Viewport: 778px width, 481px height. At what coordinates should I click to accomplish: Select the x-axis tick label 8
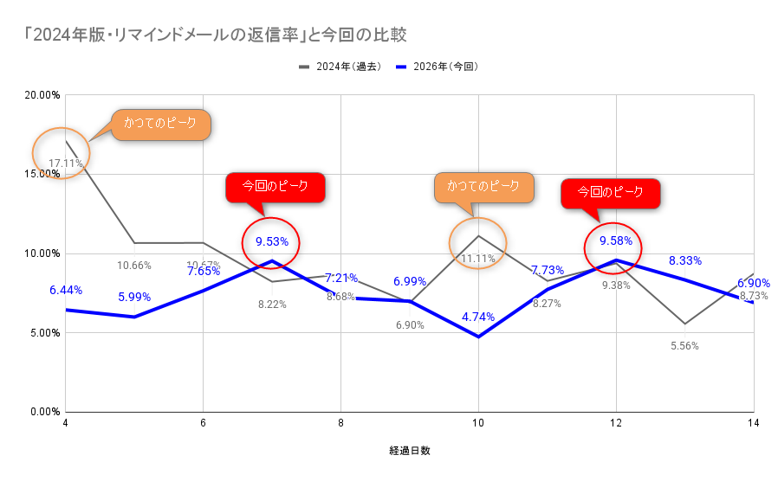[x=340, y=424]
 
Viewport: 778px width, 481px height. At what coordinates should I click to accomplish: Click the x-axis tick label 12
[x=616, y=424]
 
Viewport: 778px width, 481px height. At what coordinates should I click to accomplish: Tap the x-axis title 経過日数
[x=410, y=451]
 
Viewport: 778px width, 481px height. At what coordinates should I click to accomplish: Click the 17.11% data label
[x=66, y=163]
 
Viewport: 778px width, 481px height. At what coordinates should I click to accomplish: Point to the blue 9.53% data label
[x=272, y=241]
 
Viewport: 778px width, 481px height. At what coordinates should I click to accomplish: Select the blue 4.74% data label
[x=478, y=317]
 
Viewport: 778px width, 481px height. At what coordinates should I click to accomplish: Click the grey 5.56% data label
[x=684, y=346]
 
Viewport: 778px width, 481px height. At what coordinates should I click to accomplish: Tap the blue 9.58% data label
[x=616, y=240]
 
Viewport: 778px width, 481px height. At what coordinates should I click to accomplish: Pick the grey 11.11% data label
[x=478, y=258]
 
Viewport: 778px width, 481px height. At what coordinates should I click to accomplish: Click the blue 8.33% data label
[x=684, y=260]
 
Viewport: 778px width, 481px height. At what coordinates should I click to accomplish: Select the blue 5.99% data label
[x=134, y=297]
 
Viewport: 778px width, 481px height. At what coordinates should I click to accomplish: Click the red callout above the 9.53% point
[x=276, y=187]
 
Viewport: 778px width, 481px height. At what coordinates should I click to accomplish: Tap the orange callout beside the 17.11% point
[x=160, y=124]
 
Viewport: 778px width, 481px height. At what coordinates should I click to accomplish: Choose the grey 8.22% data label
[x=272, y=304]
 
